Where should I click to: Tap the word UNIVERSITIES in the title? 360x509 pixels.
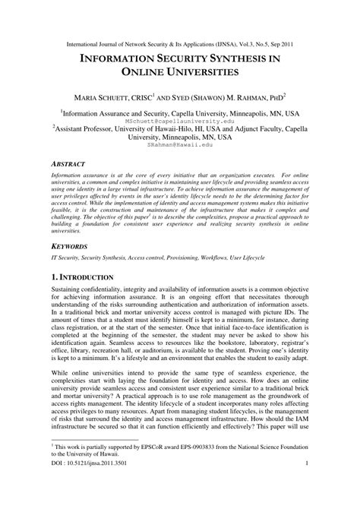(x=200, y=73)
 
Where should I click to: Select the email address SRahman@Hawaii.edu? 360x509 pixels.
(x=180, y=145)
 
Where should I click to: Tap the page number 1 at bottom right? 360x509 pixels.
(x=305, y=485)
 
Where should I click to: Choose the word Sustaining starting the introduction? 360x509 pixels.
(x=71, y=292)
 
